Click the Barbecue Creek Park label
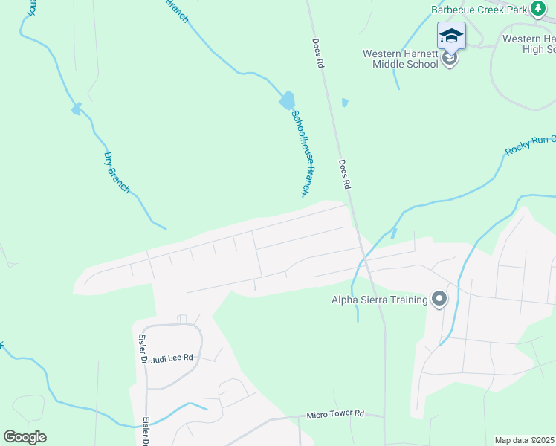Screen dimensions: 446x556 (479, 10)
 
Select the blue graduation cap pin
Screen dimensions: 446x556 (451, 36)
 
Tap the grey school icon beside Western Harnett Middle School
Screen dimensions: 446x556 (449, 59)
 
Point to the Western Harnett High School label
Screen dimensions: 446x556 (528, 44)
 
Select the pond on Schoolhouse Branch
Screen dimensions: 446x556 (286, 100)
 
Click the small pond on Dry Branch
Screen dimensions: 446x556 (76, 110)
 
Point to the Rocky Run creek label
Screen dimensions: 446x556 (529, 141)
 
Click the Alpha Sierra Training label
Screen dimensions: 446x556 (379, 300)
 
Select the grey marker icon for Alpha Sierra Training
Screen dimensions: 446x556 (439, 300)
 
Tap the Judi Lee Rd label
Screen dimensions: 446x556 (172, 358)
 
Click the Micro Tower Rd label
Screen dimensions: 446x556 (336, 413)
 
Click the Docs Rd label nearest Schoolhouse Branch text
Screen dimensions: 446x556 (343, 175)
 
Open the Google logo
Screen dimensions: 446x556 (25, 437)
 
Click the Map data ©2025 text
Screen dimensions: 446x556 (525, 440)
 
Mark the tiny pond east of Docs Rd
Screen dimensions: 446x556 (344, 103)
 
